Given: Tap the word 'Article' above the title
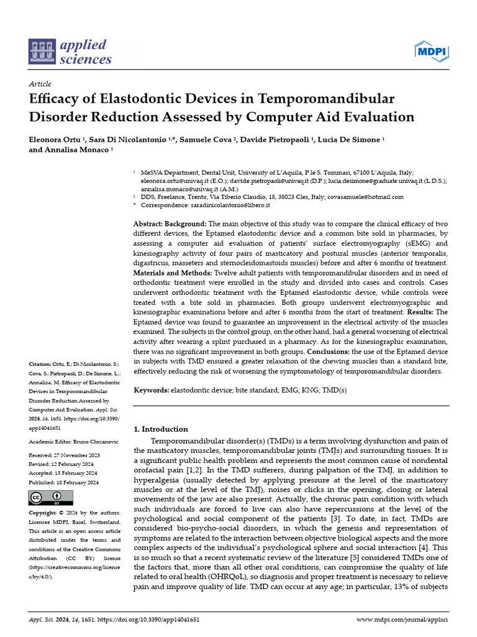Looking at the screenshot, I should click(40, 84).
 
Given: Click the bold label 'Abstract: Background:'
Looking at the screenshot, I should click(170, 223).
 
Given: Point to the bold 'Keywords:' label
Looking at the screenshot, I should click(152, 389).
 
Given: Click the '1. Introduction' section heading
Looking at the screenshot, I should click(161, 429).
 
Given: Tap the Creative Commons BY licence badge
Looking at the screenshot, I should click(51, 498).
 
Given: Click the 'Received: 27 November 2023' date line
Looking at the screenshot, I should click(64, 455).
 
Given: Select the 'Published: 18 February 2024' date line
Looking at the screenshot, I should click(64, 482).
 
